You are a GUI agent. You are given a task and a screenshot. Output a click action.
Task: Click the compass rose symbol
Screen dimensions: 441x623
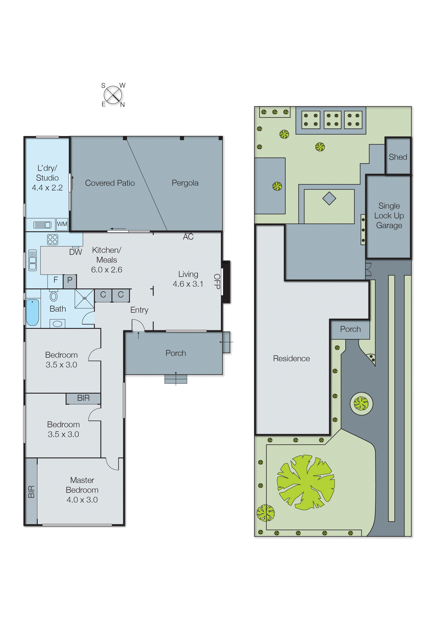click(113, 95)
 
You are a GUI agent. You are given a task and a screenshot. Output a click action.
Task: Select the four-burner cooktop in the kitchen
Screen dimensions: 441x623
click(52, 239)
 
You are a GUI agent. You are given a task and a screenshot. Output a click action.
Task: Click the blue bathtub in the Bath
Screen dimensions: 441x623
click(32, 312)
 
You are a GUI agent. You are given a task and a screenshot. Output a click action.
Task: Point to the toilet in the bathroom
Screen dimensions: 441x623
click(54, 296)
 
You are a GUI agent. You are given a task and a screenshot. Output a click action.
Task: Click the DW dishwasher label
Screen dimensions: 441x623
click(76, 252)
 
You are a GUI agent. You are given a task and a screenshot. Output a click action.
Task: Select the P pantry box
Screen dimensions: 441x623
click(70, 281)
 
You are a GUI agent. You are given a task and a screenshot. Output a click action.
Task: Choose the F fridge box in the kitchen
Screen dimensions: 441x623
click(55, 281)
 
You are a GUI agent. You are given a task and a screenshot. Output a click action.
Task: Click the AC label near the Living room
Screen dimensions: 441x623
click(188, 237)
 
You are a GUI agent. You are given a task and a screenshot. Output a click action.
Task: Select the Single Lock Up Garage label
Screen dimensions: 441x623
click(389, 216)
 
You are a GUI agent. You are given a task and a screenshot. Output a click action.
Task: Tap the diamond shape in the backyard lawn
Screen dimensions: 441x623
click(329, 198)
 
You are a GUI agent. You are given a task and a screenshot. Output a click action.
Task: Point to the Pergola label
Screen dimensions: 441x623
click(185, 183)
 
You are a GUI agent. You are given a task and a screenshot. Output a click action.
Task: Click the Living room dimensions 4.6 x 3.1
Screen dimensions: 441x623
click(188, 284)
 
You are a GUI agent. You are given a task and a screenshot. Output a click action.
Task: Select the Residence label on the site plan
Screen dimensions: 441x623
click(291, 358)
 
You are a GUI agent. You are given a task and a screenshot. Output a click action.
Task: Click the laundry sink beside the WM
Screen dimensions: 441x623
click(42, 225)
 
